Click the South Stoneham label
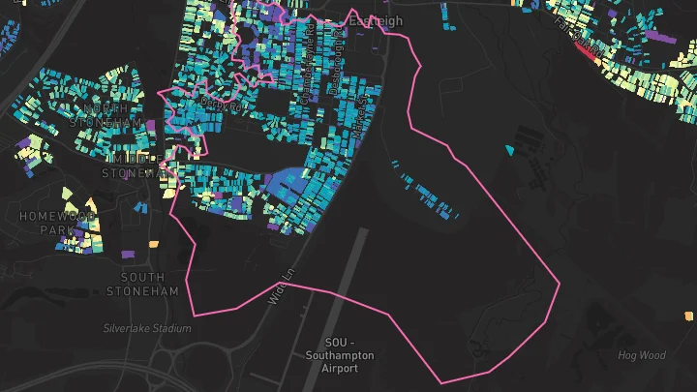tap(143, 284)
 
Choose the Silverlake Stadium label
tap(147, 328)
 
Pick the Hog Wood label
tap(642, 355)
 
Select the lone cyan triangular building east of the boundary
tap(510, 150)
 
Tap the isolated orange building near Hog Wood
tap(690, 315)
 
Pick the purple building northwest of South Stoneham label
tap(128, 254)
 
